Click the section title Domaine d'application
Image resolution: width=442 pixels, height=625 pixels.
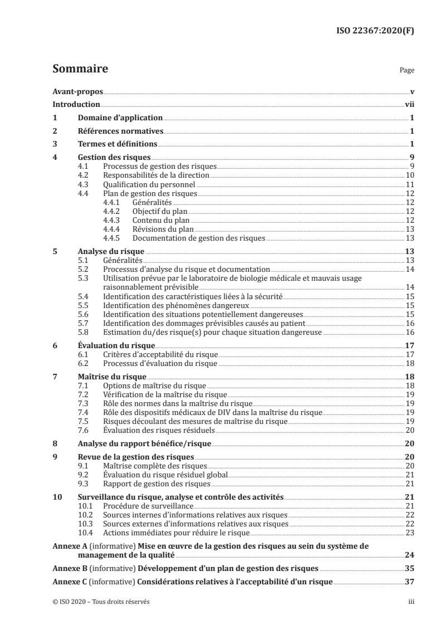120,118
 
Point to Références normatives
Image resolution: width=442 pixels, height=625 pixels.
120,131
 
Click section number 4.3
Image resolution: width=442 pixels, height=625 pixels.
84,184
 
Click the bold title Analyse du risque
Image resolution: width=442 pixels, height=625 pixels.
110,251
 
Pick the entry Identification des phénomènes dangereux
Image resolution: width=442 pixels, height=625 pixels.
176,306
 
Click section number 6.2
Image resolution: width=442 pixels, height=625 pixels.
84,363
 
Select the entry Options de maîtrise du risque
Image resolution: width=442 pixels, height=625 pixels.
154,385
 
